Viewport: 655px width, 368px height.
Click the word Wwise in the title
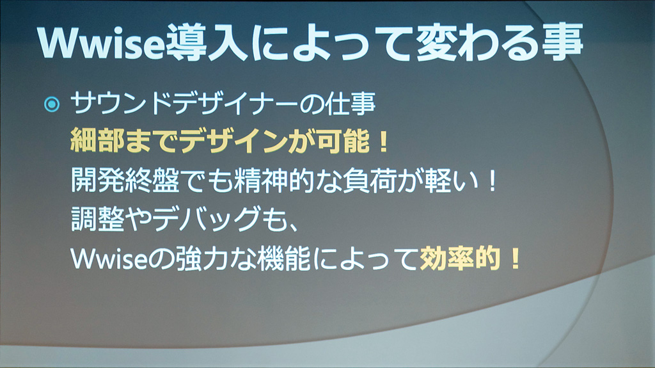[101, 43]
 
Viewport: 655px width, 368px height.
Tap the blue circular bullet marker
[52, 104]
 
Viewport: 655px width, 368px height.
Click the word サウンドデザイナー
[184, 103]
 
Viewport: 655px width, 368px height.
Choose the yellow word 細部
[97, 141]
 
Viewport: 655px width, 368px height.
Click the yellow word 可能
[343, 141]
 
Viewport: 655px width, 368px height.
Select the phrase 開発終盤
[125, 180]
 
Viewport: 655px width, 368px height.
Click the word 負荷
[369, 180]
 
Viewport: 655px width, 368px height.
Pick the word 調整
[97, 219]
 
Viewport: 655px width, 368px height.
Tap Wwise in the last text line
[109, 259]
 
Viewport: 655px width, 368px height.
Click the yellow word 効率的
[460, 259]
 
